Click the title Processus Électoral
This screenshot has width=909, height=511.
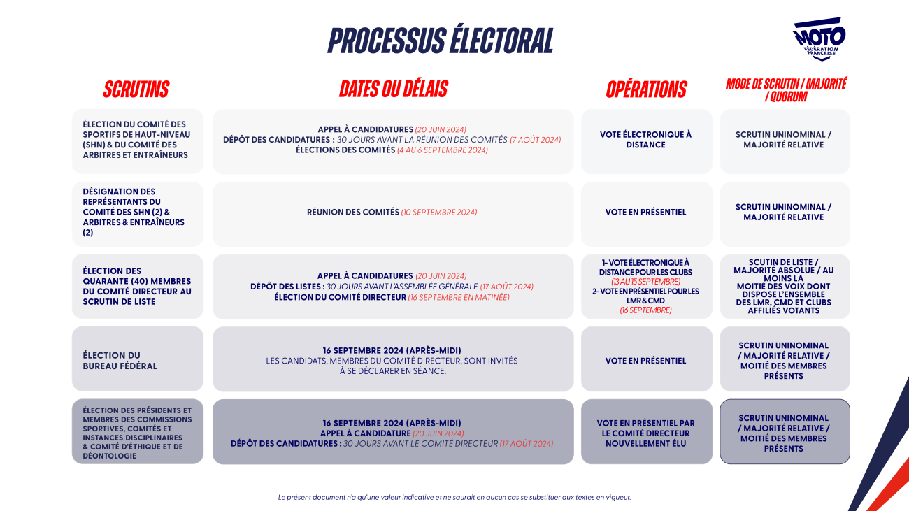[441, 40]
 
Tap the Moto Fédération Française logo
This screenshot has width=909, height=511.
[819, 39]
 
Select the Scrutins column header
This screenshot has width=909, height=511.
[136, 89]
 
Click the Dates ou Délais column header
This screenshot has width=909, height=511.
[393, 89]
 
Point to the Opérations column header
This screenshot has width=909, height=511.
[646, 89]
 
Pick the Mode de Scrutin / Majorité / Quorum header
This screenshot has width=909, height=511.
[786, 90]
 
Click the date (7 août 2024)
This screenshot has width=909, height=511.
[535, 140]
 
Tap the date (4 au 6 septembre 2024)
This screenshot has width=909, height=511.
[443, 150]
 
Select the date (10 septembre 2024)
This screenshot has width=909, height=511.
[439, 213]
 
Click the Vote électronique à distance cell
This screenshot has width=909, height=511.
[647, 141]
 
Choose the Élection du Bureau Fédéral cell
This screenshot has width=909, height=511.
[138, 359]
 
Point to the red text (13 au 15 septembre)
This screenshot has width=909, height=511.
[645, 282]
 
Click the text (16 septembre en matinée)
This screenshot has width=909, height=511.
[459, 298]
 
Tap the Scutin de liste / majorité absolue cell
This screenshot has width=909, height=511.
[785, 287]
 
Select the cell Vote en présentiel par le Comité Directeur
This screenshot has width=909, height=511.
[647, 431]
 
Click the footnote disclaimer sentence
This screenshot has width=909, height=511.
[454, 497]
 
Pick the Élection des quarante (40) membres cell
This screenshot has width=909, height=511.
[138, 287]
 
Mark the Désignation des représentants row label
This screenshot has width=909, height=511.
[138, 214]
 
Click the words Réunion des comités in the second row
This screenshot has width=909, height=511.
[353, 212]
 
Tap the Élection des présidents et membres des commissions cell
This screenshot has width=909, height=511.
[138, 431]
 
